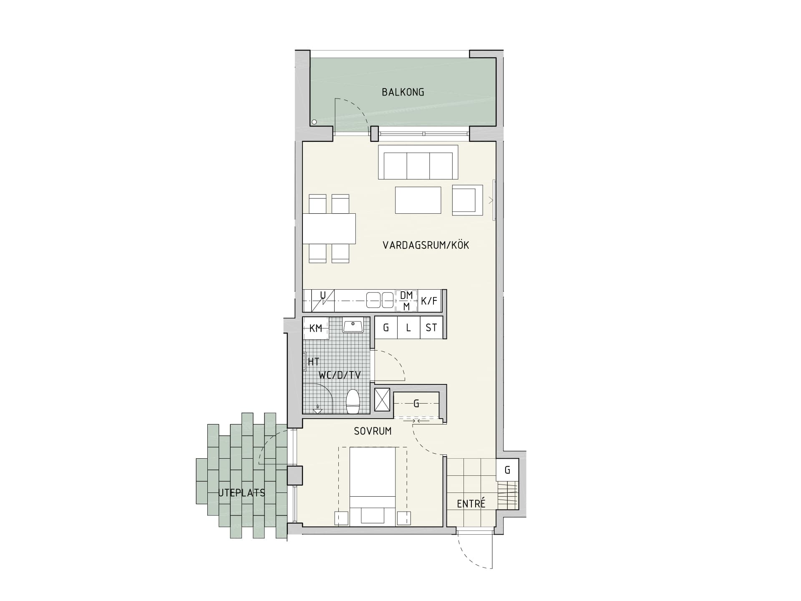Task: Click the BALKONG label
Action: [403, 92]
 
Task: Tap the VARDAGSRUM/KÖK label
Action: [426, 245]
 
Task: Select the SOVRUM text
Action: [373, 431]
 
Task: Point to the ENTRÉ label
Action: [471, 503]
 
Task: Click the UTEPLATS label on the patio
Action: [242, 493]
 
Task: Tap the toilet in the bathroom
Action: [353, 402]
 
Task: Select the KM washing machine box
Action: [315, 328]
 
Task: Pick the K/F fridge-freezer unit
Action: [429, 300]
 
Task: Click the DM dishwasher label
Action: [406, 295]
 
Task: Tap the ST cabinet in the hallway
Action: [431, 328]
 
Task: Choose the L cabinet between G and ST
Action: [408, 328]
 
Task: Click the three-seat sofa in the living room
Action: [418, 162]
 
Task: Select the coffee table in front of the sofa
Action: [418, 200]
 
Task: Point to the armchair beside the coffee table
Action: [468, 200]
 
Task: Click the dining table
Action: [329, 229]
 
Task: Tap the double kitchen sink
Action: [380, 300]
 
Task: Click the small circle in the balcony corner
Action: [314, 122]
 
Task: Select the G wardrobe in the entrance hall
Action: [507, 470]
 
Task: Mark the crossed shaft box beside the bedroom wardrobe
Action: [382, 399]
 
